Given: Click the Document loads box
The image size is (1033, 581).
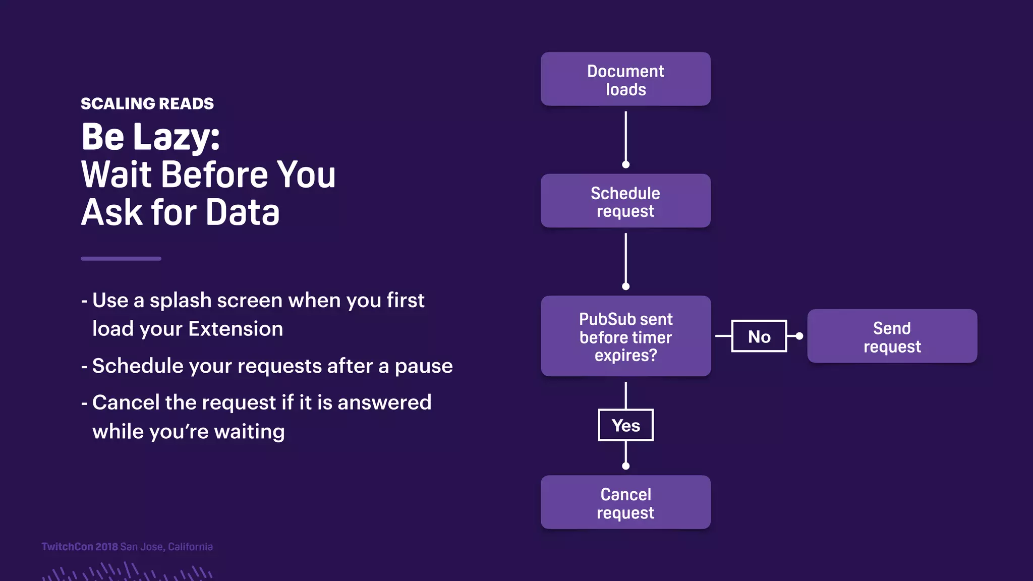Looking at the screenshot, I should pos(625,79).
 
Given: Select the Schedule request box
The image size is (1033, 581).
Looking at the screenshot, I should pos(625,201).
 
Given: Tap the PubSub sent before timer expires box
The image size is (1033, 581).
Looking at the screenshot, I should pos(625,336).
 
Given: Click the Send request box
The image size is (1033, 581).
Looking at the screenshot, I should pos(892,336).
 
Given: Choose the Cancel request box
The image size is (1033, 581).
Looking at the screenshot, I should pos(625,502).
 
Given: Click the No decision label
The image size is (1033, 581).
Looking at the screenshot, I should pos(759,336).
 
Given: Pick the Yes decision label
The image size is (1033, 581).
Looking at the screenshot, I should pos(625,425).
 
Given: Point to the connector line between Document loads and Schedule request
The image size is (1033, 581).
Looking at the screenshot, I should pos(625,136).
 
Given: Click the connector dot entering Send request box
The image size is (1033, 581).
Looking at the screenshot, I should pos(799,336).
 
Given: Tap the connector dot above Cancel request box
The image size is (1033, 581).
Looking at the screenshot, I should pos(625,466).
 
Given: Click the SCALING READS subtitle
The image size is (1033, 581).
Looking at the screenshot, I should pos(147,104).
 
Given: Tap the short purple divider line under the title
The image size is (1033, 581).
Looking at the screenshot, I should pos(121,259).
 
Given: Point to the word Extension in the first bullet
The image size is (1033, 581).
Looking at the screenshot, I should pos(236,329).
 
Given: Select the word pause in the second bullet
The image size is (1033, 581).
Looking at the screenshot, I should pos(424,367).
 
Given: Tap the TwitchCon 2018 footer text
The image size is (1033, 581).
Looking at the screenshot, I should pos(80,547).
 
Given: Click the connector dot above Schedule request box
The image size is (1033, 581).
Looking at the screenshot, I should pos(625,164).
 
